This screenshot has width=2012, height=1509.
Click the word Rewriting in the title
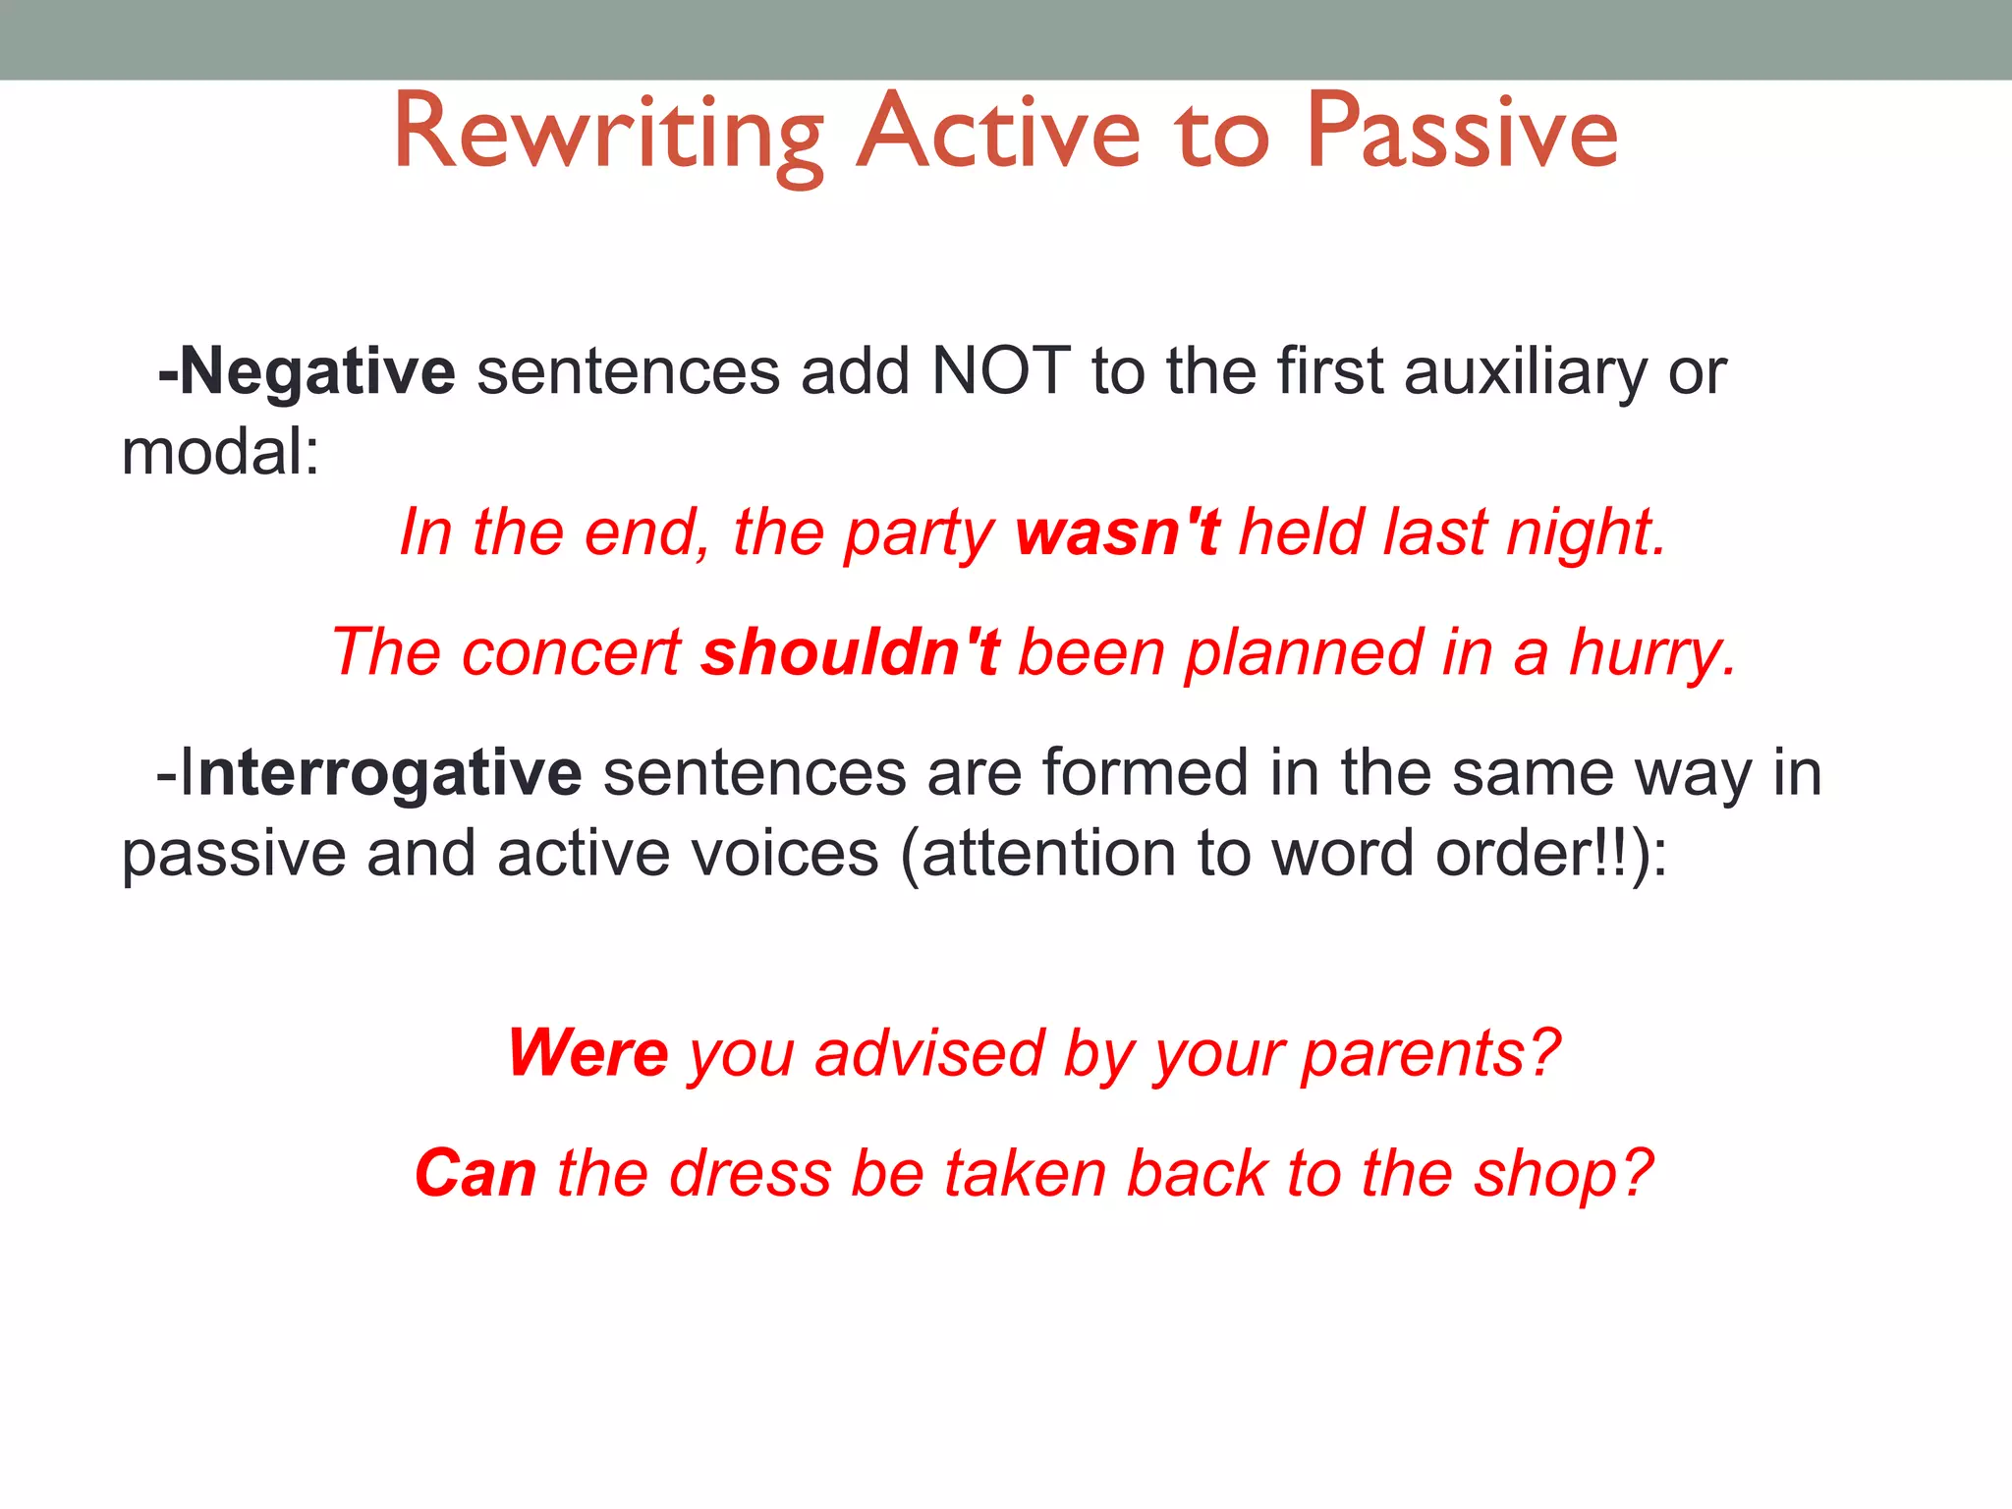pos(608,133)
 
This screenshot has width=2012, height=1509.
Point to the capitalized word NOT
pos(1000,372)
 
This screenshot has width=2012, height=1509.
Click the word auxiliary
pos(1526,372)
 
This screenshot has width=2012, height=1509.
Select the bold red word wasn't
pos(1117,533)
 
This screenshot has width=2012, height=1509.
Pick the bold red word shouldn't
pos(850,653)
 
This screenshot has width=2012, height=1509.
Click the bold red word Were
pos(588,1054)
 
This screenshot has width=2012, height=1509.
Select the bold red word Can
pos(475,1174)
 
